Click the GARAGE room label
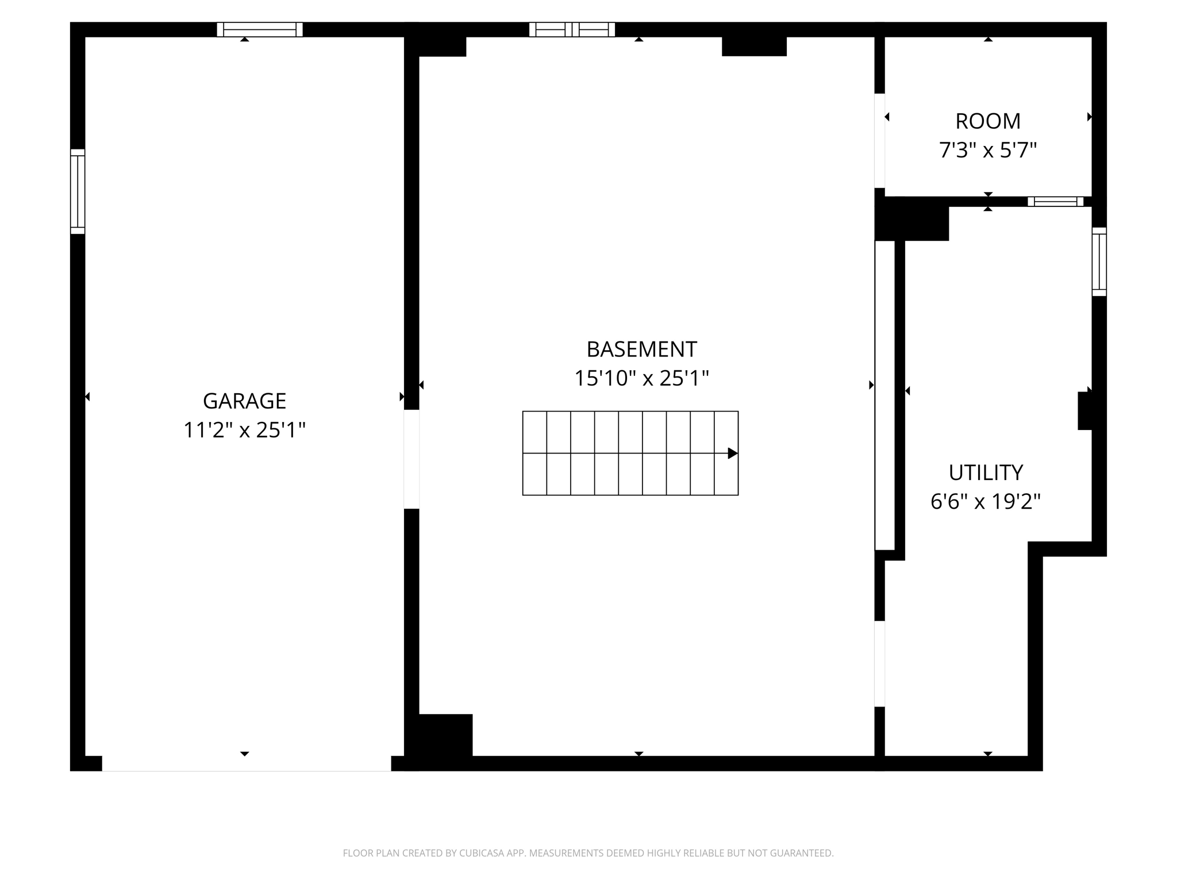244,401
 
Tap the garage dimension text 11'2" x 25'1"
244,430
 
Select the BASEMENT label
641,349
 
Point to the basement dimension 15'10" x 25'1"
641,378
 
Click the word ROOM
987,121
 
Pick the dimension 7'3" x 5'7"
987,151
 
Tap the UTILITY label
986,473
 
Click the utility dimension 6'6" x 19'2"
986,502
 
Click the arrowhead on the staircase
732,453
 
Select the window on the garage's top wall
260,29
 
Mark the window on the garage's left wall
78,191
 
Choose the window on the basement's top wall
572,29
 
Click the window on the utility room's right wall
1099,262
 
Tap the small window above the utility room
1055,201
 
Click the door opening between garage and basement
411,459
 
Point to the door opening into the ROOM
879,140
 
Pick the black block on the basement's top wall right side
754,46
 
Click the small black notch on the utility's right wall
1084,410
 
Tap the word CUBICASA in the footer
482,853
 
